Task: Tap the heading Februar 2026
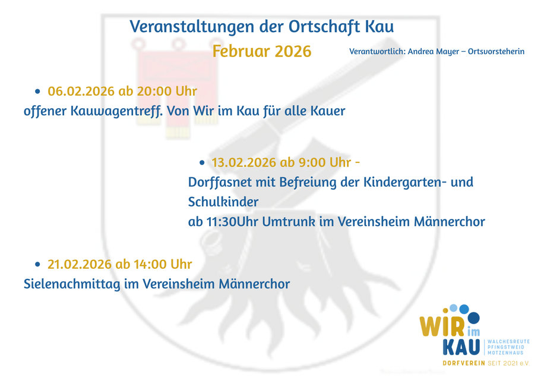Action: tap(262, 51)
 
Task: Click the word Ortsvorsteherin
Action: tap(496, 52)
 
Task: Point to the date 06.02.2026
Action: tap(81, 91)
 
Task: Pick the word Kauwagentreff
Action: tap(116, 111)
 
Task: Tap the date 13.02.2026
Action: tap(244, 162)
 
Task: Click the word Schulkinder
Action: tap(223, 202)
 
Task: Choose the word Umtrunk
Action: tap(289, 222)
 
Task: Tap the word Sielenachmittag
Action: tap(72, 284)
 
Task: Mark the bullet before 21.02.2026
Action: tap(37, 265)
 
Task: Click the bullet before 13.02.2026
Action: tap(202, 163)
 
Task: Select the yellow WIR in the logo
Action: tap(442, 325)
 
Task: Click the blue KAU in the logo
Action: tap(461, 347)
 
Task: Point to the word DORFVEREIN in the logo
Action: tap(464, 363)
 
